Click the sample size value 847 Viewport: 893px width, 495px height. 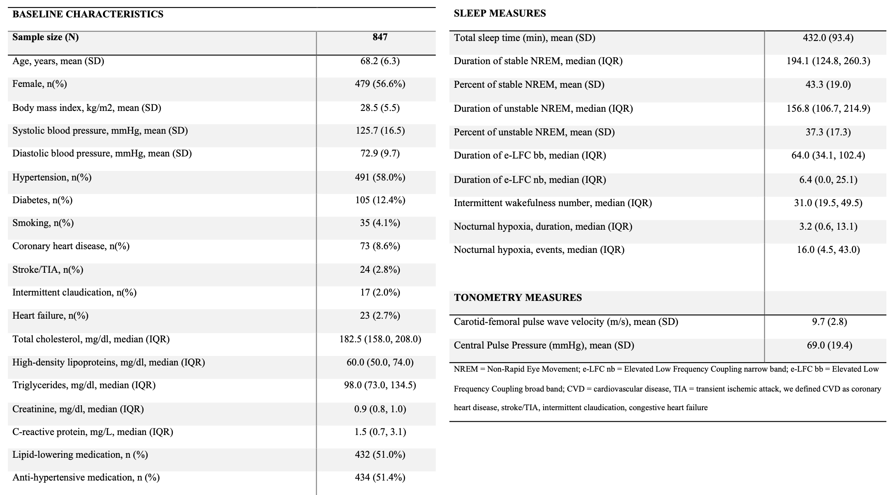tap(380, 37)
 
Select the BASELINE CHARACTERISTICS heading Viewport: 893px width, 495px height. tap(88, 14)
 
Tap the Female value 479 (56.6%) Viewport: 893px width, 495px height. tap(380, 84)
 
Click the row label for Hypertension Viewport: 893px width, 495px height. tap(52, 178)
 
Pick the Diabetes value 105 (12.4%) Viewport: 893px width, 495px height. tap(380, 200)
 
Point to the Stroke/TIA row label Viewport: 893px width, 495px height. tap(48, 270)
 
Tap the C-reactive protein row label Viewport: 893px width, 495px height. tap(93, 432)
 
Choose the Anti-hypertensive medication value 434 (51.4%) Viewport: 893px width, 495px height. tap(380, 478)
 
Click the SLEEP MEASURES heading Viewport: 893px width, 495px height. tap(499, 13)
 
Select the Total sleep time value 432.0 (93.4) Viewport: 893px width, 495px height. tap(828, 38)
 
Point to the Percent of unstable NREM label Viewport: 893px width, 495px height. tap(534, 132)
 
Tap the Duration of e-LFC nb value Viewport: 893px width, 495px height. tap(828, 180)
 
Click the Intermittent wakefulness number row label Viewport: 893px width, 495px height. tap(552, 203)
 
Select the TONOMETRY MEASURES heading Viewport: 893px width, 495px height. tap(518, 298)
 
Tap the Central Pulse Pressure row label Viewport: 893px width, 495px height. tap(544, 345)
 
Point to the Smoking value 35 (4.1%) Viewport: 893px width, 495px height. tap(380, 223)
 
